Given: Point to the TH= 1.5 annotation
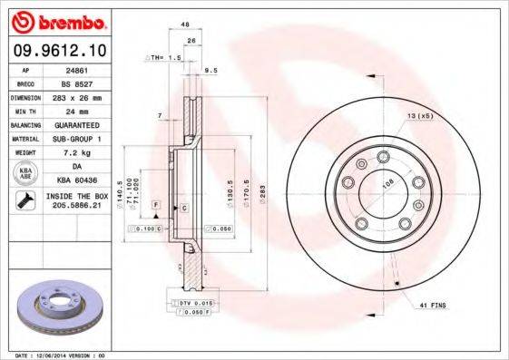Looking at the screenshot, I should (167, 56).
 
